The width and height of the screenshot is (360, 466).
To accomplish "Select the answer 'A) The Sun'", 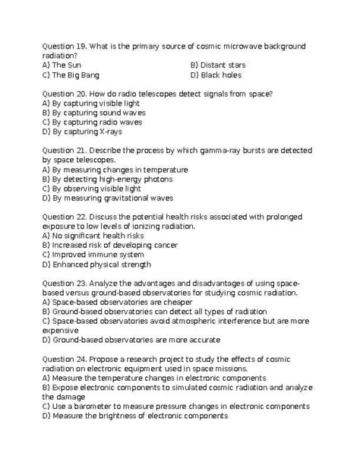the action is pos(62,65).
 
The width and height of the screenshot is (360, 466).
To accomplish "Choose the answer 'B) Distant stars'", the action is pos(218,65).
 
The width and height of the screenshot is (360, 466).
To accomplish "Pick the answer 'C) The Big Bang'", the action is pos(71,75).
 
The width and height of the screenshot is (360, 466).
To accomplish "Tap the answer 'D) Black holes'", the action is pos(216,75).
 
